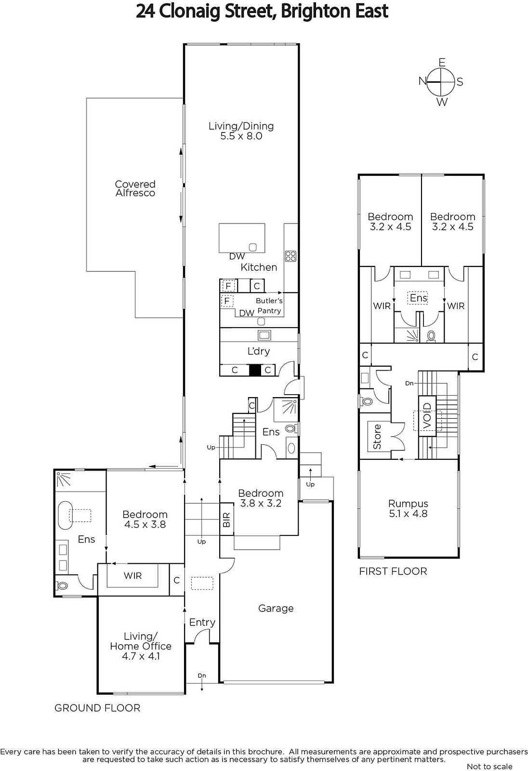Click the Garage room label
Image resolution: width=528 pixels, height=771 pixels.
276,609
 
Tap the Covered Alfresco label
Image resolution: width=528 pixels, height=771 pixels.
135,188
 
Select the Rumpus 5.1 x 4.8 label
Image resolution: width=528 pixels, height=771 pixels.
408,508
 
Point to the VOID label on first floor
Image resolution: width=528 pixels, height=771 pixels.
427,416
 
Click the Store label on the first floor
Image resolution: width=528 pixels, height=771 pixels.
377,437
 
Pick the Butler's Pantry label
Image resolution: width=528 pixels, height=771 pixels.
269,306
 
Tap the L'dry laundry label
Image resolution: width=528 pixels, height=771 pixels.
259,351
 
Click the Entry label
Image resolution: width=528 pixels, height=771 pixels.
202,622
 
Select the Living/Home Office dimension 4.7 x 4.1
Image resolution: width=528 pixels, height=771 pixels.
141,656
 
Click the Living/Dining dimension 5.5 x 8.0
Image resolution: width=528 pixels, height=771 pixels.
241,136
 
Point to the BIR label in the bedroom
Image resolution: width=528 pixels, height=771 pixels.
226,520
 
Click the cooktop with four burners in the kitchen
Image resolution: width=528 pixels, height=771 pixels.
290,256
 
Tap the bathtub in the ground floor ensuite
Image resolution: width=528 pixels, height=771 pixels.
65,515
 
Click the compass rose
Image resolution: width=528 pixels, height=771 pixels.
441,81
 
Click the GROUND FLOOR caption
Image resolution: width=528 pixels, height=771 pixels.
97,708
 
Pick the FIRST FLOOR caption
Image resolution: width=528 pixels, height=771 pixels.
393,572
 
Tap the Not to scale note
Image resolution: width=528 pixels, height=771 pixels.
489,766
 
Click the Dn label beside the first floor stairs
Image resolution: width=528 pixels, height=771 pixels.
409,383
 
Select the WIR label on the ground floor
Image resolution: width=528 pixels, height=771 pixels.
132,575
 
